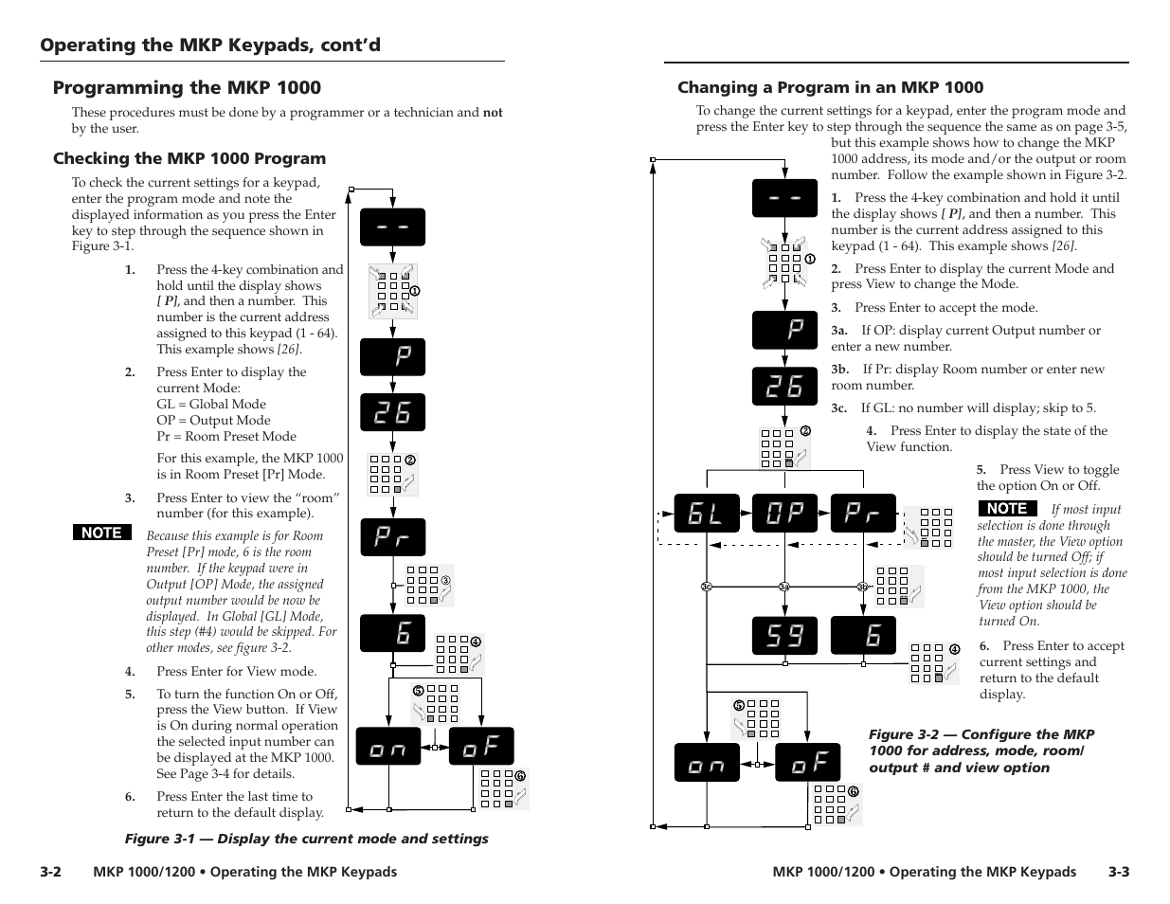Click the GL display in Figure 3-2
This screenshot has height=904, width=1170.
click(x=706, y=514)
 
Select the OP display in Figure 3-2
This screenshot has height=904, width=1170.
click(x=784, y=514)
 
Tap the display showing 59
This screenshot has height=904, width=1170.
click(x=784, y=636)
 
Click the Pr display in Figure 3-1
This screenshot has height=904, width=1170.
click(x=392, y=537)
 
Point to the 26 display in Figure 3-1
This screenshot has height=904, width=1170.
click(x=392, y=412)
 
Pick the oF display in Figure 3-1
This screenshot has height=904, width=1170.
click(x=481, y=747)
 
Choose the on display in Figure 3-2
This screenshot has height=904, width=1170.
click(x=707, y=764)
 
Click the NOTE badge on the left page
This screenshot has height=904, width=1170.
click(x=102, y=533)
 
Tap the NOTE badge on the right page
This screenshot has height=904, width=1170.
click(x=1007, y=508)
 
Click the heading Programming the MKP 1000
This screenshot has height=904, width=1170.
click(x=187, y=88)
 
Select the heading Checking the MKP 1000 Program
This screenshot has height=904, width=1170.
click(x=189, y=158)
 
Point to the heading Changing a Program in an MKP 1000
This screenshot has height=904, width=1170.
click(x=830, y=87)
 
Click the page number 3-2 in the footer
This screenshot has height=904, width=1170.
click(x=51, y=872)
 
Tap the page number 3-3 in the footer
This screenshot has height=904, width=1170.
click(x=1119, y=872)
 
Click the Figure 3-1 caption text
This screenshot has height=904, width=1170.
click(x=307, y=839)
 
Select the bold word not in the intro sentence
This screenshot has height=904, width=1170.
click(x=493, y=113)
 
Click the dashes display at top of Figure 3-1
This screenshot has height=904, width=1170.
click(x=392, y=227)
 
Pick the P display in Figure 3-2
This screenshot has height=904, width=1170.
click(x=784, y=330)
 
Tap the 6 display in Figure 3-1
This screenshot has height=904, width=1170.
click(x=392, y=633)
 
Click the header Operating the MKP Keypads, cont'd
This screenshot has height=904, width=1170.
click(x=210, y=45)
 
